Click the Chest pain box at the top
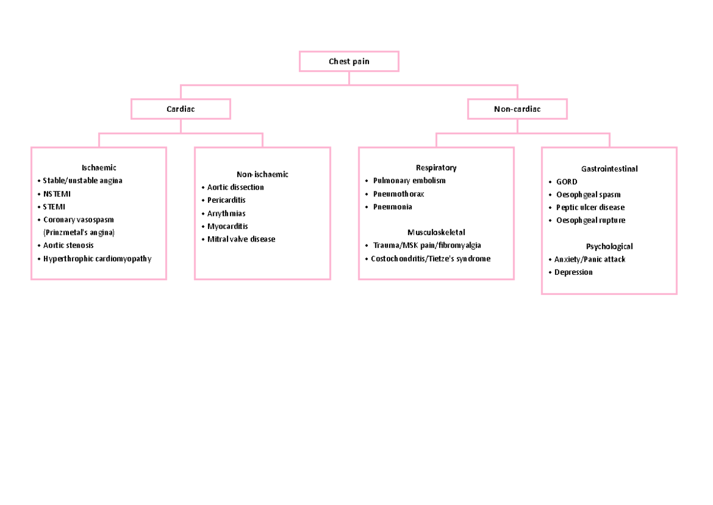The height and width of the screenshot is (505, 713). click(x=349, y=61)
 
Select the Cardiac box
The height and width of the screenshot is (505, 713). click(x=181, y=109)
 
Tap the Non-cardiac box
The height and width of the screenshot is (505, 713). click(x=517, y=109)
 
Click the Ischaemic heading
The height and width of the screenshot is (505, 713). click(x=99, y=168)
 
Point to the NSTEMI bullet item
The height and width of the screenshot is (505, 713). click(x=56, y=194)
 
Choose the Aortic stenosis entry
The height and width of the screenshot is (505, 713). click(x=68, y=245)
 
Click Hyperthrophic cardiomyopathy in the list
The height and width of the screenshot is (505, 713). click(x=97, y=259)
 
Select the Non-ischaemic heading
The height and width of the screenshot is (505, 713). click(x=262, y=174)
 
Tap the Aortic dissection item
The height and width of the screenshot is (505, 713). click(x=235, y=187)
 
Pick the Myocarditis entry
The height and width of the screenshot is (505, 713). click(x=228, y=226)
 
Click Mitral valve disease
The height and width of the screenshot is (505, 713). click(x=241, y=239)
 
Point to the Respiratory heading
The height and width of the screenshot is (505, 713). click(x=436, y=168)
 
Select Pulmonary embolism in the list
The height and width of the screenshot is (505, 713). click(x=409, y=181)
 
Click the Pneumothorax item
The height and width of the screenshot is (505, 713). click(x=398, y=194)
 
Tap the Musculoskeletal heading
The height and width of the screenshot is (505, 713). click(x=436, y=232)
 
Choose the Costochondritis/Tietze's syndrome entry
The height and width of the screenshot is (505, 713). click(x=430, y=259)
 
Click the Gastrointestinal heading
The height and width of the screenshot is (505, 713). click(x=609, y=169)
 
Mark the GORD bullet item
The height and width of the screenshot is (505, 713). click(x=566, y=182)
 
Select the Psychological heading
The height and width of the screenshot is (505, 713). click(x=609, y=246)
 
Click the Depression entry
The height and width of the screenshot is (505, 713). click(x=573, y=272)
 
